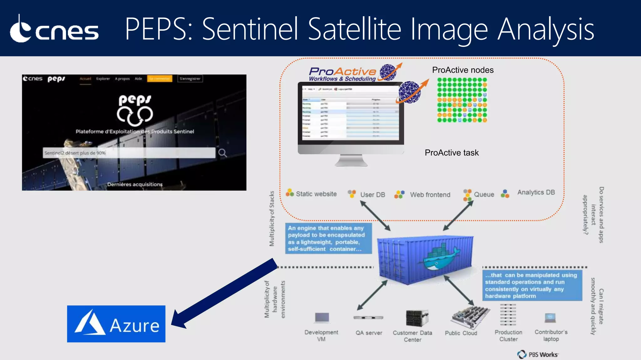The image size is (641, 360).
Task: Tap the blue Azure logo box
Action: coord(116,324)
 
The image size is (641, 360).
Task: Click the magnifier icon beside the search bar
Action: coord(223,153)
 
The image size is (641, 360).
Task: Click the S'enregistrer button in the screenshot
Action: coord(190,79)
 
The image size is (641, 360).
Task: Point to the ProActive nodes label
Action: coord(463,70)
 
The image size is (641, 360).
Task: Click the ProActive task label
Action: coord(451,152)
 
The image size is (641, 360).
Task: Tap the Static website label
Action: coord(316,194)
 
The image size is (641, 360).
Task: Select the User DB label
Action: coord(372,195)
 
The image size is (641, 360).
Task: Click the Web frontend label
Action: coord(430,195)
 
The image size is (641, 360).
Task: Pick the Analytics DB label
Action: coord(536,192)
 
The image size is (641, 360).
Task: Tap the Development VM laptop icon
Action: coord(322,318)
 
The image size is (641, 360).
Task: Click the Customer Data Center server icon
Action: coord(416,318)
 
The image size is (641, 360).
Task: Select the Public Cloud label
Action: coord(461,333)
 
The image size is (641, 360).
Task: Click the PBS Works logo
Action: coord(538,354)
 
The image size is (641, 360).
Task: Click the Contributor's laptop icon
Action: coord(550,318)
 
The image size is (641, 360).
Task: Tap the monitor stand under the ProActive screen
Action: coord(351,161)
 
